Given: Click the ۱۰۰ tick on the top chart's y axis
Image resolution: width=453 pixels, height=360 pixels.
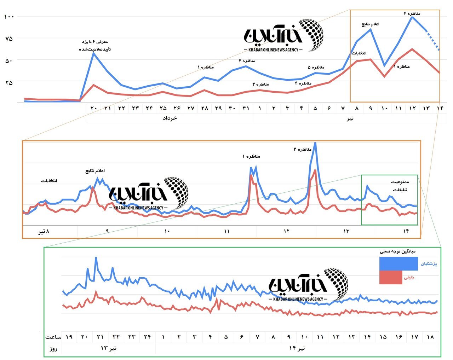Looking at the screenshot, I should pos(9,17).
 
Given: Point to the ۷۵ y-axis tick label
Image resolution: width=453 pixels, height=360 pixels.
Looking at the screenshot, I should pos(9,38).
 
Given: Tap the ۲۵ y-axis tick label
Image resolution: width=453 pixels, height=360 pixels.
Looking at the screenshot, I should pos(9,82).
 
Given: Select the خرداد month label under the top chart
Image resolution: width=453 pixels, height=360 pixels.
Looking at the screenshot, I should pos(170,118).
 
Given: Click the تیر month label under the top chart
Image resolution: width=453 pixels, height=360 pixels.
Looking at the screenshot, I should pos(350,118).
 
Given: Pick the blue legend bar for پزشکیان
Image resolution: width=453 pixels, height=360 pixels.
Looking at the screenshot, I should pos(398,264).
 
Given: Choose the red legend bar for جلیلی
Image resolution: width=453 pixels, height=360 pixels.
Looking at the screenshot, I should pos(390,278).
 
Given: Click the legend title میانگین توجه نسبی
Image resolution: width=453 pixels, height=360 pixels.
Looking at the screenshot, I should pos(398,251).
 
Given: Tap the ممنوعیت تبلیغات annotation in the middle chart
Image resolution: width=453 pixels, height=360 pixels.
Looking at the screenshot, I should pos(400,186).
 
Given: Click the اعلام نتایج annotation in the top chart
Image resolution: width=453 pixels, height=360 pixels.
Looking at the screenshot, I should pos(370,24).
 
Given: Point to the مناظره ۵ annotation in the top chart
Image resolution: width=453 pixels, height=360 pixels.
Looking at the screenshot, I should pos(316,67).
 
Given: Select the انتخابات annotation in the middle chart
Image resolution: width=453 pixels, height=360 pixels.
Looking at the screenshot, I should pos(49,181).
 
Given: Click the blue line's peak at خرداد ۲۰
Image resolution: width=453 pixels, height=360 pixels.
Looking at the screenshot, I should pos(93,53).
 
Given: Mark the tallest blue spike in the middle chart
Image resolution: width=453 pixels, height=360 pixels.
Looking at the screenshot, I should pos(315,143).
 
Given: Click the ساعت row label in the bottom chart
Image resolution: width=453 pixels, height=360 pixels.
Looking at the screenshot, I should pos(53,337).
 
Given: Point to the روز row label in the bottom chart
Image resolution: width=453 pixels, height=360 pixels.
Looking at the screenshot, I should pos(53,349).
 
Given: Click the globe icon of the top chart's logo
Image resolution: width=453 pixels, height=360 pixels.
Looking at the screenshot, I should pos(311,35).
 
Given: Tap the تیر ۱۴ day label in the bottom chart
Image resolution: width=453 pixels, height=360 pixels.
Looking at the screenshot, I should pos(297,348).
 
